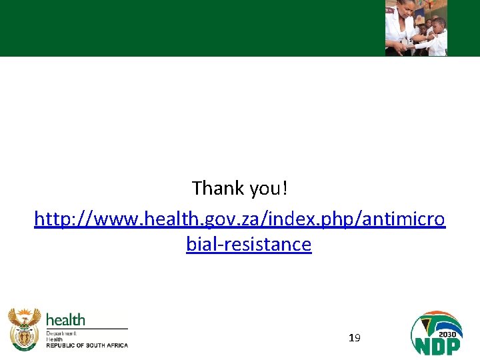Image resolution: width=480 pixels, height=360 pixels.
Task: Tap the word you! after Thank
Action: (269, 189)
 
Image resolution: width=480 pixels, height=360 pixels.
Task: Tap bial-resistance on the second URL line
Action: (249, 244)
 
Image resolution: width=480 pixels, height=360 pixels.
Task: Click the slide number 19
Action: (355, 339)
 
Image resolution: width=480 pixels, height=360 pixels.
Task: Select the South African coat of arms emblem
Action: (24, 329)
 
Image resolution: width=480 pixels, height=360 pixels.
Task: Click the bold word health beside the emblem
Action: (65, 320)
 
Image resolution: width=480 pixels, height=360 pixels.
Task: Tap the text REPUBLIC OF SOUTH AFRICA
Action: (87, 345)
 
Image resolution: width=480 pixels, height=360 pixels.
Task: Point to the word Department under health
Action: (61, 333)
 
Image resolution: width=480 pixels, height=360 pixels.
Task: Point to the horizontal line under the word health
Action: (87, 329)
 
